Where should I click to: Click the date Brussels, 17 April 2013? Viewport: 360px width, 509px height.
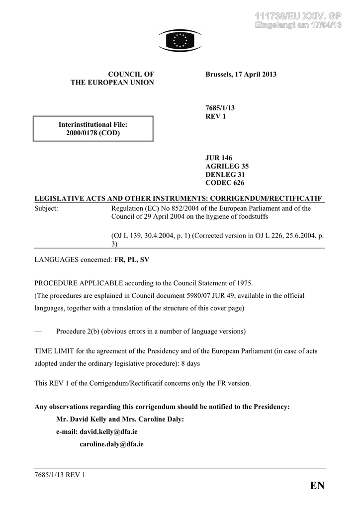point(241,75)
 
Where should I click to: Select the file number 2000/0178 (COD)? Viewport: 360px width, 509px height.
point(93,133)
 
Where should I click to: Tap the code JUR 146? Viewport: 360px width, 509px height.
point(219,158)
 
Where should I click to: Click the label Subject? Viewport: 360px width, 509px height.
point(46,209)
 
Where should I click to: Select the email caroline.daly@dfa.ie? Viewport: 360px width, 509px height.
point(111,444)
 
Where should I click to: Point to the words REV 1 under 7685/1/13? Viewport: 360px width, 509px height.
point(216,116)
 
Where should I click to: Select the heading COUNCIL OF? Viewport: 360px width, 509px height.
point(131,75)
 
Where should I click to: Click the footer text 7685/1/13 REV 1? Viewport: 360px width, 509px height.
point(60,475)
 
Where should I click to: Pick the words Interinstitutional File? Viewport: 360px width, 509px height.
point(93,124)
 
